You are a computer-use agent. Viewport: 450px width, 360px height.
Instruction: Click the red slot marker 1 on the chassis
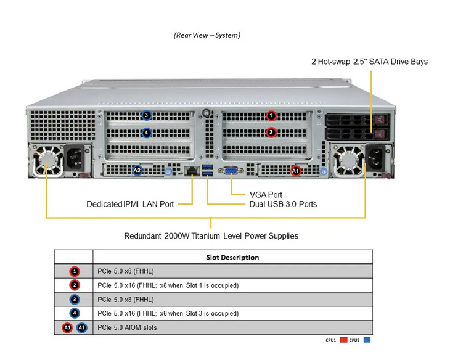(271, 115)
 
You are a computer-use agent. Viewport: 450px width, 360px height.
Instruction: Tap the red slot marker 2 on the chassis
(271, 132)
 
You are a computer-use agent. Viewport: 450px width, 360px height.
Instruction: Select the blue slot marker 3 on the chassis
(146, 115)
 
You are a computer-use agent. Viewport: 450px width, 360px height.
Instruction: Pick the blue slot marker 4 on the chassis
(146, 132)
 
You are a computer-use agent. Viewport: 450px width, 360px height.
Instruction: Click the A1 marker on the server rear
(295, 170)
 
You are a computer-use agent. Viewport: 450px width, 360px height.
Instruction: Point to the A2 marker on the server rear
(137, 170)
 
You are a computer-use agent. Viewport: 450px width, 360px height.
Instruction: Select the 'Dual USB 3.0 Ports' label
(283, 204)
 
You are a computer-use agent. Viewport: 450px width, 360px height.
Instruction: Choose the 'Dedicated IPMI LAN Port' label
(130, 204)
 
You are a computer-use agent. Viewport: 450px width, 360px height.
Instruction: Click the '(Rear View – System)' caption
(207, 35)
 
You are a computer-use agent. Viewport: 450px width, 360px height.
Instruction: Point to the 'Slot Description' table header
(232, 257)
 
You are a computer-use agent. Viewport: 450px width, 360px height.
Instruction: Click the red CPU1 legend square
(344, 340)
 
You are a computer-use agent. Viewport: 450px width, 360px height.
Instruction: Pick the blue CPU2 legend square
(367, 340)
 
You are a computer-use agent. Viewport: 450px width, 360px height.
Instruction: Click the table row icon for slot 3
(74, 299)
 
